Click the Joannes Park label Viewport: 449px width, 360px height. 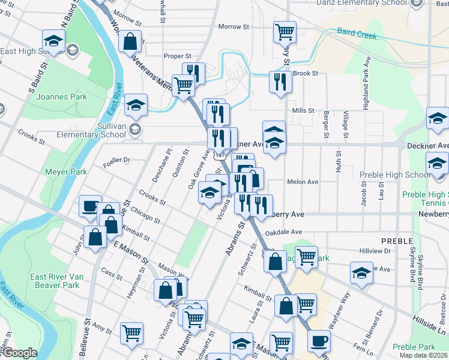point(61,97)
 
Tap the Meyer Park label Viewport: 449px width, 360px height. point(66,172)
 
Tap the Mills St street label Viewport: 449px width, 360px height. point(303,110)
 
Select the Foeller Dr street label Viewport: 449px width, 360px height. point(116,160)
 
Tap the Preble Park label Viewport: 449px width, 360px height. point(414,347)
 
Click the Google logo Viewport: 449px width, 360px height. point(19,353)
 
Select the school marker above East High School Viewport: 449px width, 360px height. point(53,41)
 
